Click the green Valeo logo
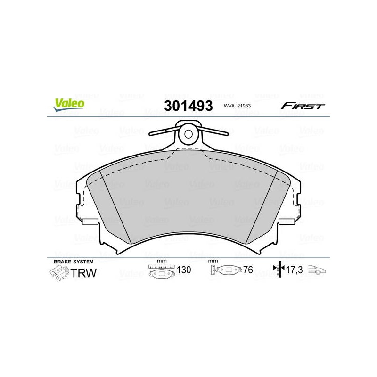coord(69,105)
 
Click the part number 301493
coord(188,106)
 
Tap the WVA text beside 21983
coord(229,106)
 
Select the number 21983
coord(244,106)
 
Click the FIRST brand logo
coord(303,106)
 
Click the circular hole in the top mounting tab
coord(188,134)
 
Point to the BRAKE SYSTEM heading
coord(74,262)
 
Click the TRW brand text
coord(83,273)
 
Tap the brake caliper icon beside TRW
coord(59,273)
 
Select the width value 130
coord(184,270)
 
